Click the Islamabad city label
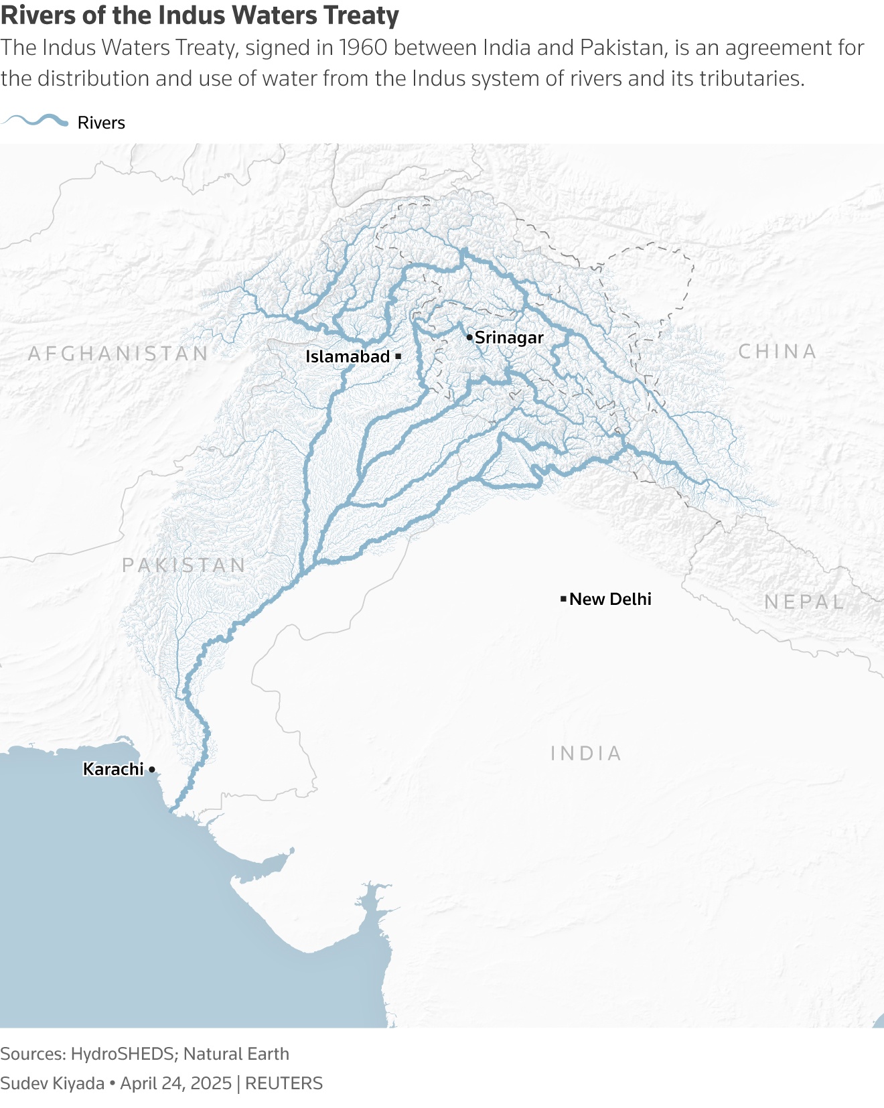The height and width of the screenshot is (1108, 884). [x=347, y=356]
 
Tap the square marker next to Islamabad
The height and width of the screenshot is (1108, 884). [x=398, y=356]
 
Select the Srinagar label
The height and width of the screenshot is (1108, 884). [x=509, y=338]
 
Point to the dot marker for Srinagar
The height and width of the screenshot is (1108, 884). [x=469, y=337]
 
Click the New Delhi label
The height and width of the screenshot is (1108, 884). [x=610, y=599]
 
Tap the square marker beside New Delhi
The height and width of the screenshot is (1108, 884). [x=563, y=598]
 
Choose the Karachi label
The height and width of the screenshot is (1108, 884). [x=113, y=769]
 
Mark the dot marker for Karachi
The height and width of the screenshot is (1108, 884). [x=152, y=769]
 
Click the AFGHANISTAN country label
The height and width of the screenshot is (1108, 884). [x=119, y=353]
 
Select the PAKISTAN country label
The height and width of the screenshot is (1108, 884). [x=184, y=565]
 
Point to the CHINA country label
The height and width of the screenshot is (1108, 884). [x=778, y=351]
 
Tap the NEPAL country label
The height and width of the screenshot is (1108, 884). [x=804, y=602]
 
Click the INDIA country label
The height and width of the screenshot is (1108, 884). [x=586, y=753]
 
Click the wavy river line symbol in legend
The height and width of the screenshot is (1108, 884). [x=35, y=121]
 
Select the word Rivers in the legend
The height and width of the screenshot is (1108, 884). [x=101, y=123]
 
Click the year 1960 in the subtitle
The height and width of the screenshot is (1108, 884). [x=366, y=48]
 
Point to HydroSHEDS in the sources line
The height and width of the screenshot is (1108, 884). [x=123, y=1054]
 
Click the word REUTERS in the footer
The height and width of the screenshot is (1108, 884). [x=284, y=1083]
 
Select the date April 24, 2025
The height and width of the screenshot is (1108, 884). [x=175, y=1083]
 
